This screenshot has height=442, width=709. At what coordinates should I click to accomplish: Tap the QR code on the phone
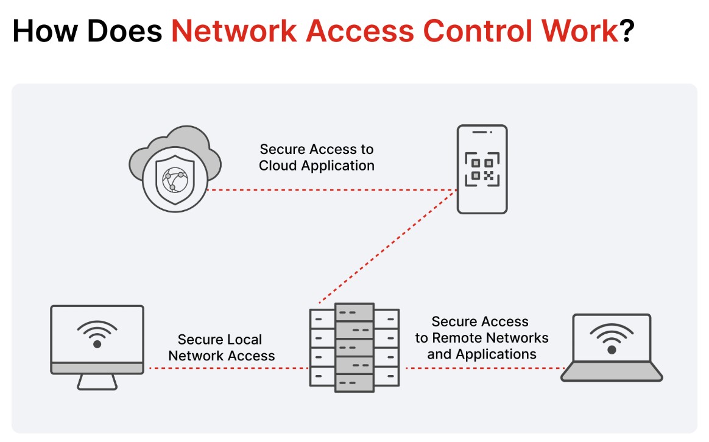(482, 169)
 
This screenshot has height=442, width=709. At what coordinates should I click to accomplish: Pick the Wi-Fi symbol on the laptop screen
(612, 339)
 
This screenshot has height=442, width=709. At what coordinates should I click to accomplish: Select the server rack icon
(354, 349)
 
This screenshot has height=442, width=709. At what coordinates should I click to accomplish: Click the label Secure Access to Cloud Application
(317, 157)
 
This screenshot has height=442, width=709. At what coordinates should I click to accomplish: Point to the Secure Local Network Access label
(221, 348)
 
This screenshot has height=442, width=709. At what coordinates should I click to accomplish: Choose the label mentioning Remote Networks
(482, 337)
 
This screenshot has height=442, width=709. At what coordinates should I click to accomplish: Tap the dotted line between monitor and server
(228, 368)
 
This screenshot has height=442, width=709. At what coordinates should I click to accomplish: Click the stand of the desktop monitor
(97, 382)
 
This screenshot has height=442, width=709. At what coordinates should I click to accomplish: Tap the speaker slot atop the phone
(482, 132)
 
